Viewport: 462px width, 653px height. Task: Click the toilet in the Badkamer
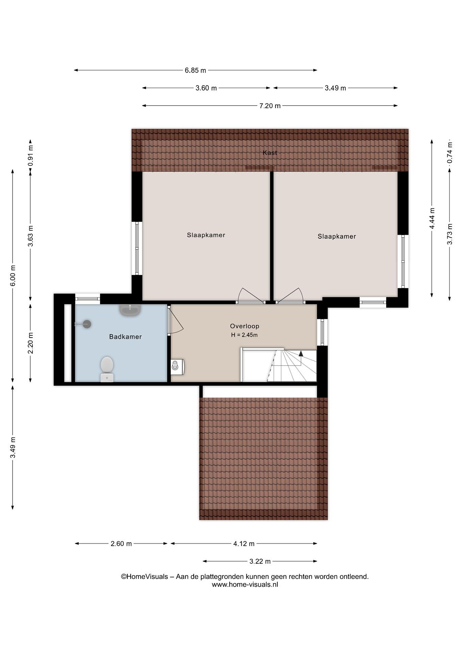[x=107, y=369]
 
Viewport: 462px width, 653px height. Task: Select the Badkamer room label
[x=125, y=337]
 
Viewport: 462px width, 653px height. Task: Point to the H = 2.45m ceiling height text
[x=244, y=335]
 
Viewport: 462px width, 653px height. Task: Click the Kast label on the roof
[x=270, y=153]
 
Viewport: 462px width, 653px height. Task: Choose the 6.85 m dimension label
[x=196, y=70]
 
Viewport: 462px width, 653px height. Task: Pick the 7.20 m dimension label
[x=270, y=106]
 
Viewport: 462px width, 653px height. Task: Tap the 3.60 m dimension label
[x=206, y=88]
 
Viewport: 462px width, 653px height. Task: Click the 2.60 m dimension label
[x=121, y=544]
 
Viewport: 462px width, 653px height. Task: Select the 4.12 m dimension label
[x=244, y=544]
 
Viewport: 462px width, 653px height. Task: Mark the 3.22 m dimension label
[x=260, y=561]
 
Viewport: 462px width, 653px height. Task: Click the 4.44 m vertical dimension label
[x=432, y=218]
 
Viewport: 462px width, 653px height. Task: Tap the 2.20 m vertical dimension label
[x=30, y=343]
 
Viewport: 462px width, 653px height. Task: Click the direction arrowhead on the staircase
[x=301, y=353]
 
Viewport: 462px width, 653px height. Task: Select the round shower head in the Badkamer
[x=87, y=324]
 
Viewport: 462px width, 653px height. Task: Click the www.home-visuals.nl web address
[x=245, y=585]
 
